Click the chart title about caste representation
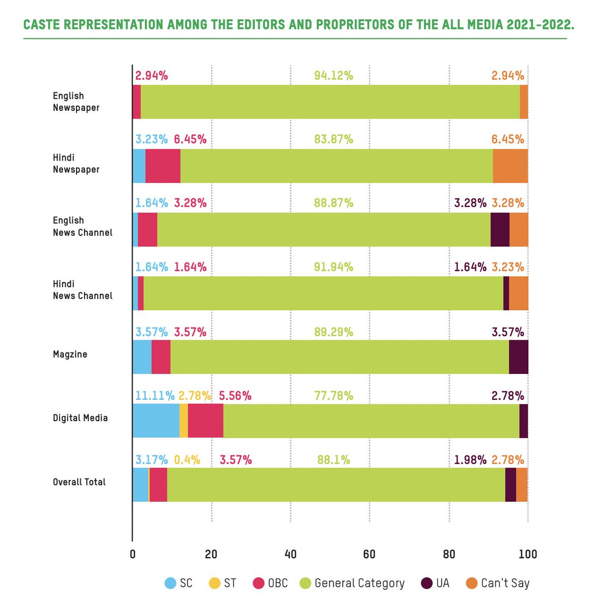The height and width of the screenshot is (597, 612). pos(298,24)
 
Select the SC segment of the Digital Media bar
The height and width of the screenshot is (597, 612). pos(156,421)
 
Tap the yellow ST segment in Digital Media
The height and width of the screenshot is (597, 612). pos(184,421)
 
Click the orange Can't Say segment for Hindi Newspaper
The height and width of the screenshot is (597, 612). pos(510,166)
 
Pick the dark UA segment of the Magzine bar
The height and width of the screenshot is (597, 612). pos(518,357)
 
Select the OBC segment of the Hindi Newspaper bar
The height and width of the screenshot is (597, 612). pos(163,166)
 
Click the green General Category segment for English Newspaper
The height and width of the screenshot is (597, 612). pos(330,102)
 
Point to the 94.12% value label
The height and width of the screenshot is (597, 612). pos(334,76)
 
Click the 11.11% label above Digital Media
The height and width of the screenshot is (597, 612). pos(155,396)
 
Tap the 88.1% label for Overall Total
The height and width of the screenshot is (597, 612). pos(334,460)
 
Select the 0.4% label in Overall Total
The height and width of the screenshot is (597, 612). pos(187,460)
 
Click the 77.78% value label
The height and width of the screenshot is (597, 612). pos(334,396)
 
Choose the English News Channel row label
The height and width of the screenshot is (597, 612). pos(82,226)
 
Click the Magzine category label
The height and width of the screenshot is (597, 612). pos(70,354)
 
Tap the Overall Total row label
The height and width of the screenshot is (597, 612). pos(79,482)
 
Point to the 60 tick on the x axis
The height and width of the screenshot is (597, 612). pos(369,554)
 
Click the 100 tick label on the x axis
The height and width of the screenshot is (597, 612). pos(527,554)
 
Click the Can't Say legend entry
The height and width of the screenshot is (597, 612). pos(498,583)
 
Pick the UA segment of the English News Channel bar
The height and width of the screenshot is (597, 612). pos(500,230)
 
